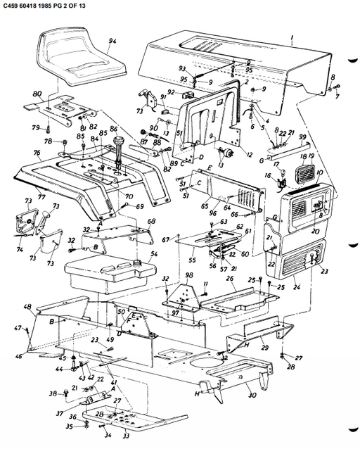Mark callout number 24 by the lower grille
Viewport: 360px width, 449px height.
pos(296,287)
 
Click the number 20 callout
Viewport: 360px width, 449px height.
pos(314,232)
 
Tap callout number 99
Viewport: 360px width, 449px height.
pos(302,136)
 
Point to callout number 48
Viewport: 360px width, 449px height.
pos(27,308)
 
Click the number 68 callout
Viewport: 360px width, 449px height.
pos(150,221)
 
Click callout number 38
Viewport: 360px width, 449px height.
pos(52,393)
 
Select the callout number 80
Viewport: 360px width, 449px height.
pos(37,93)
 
